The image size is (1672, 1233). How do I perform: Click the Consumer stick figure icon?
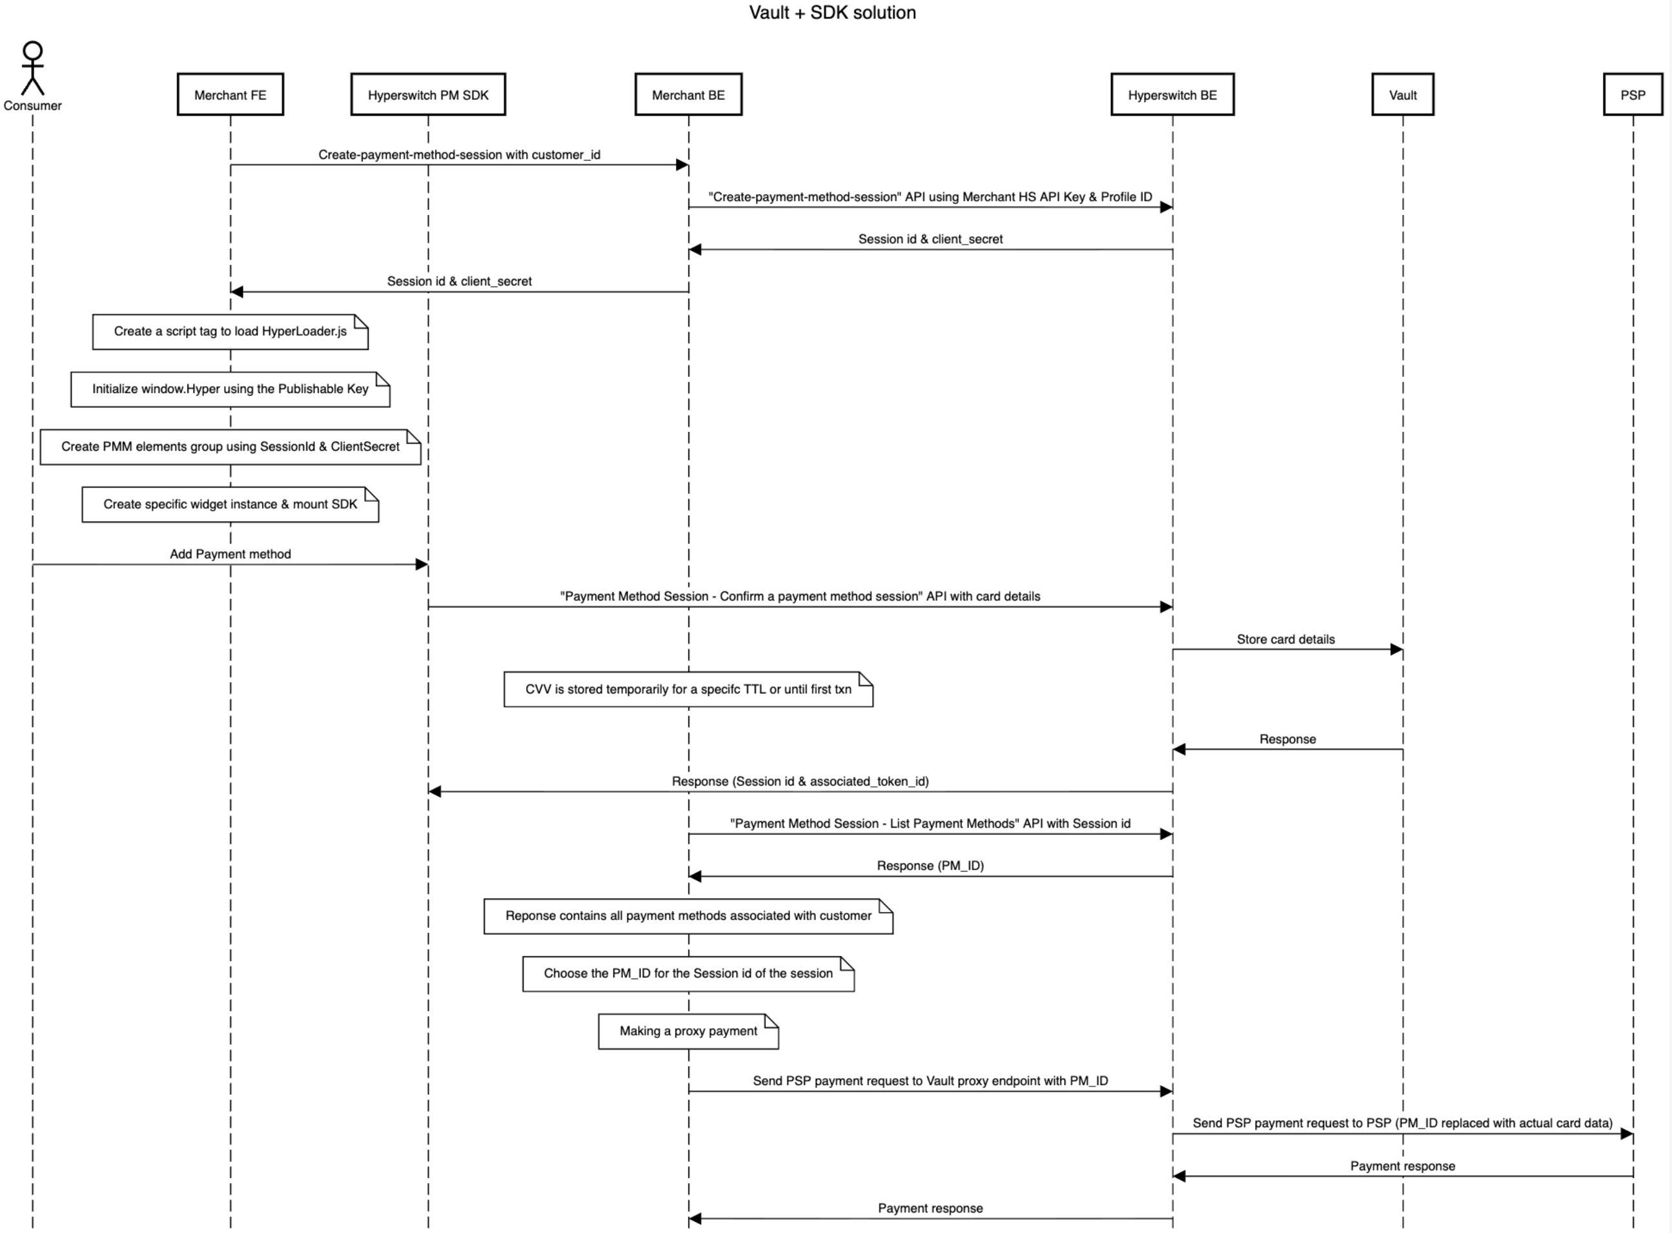(32, 68)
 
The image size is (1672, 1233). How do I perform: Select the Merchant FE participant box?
(230, 95)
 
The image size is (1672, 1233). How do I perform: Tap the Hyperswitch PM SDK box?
(428, 95)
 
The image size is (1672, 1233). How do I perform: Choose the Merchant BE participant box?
(688, 95)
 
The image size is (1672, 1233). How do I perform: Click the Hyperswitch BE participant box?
(1172, 95)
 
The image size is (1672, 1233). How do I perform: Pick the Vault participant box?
(1403, 95)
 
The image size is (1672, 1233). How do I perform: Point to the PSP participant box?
(1633, 95)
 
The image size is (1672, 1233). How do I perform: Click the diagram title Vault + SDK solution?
(832, 13)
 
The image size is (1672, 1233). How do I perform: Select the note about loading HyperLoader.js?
(230, 331)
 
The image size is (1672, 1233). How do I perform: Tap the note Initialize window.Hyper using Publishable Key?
(230, 389)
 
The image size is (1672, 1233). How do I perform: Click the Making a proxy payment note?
(688, 1032)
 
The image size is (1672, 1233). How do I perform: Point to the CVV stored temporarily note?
(688, 689)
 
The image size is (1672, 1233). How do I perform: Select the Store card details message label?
(1285, 640)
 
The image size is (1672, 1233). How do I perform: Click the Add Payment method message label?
(230, 554)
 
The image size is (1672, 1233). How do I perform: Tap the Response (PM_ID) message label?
(930, 866)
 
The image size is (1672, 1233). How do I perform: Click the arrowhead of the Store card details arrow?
(1396, 650)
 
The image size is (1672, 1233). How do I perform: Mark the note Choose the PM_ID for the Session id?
(688, 974)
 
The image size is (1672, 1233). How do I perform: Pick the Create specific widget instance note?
(230, 505)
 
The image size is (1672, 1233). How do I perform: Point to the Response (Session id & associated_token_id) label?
(800, 782)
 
